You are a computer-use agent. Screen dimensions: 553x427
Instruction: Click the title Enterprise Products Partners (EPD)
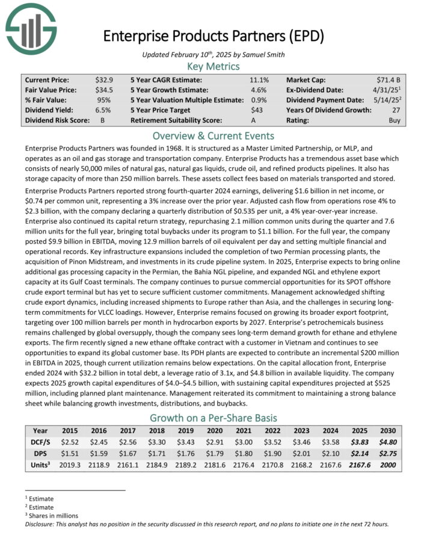coord(213,36)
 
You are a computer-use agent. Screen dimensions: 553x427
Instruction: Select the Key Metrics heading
coord(213,66)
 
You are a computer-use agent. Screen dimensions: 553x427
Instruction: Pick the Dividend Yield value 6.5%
coord(103,110)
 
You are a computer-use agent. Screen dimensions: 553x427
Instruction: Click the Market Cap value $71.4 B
coord(390,80)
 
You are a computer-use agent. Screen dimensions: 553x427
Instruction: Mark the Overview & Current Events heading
coord(213,135)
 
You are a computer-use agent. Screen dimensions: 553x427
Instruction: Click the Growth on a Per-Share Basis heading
coord(213,418)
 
